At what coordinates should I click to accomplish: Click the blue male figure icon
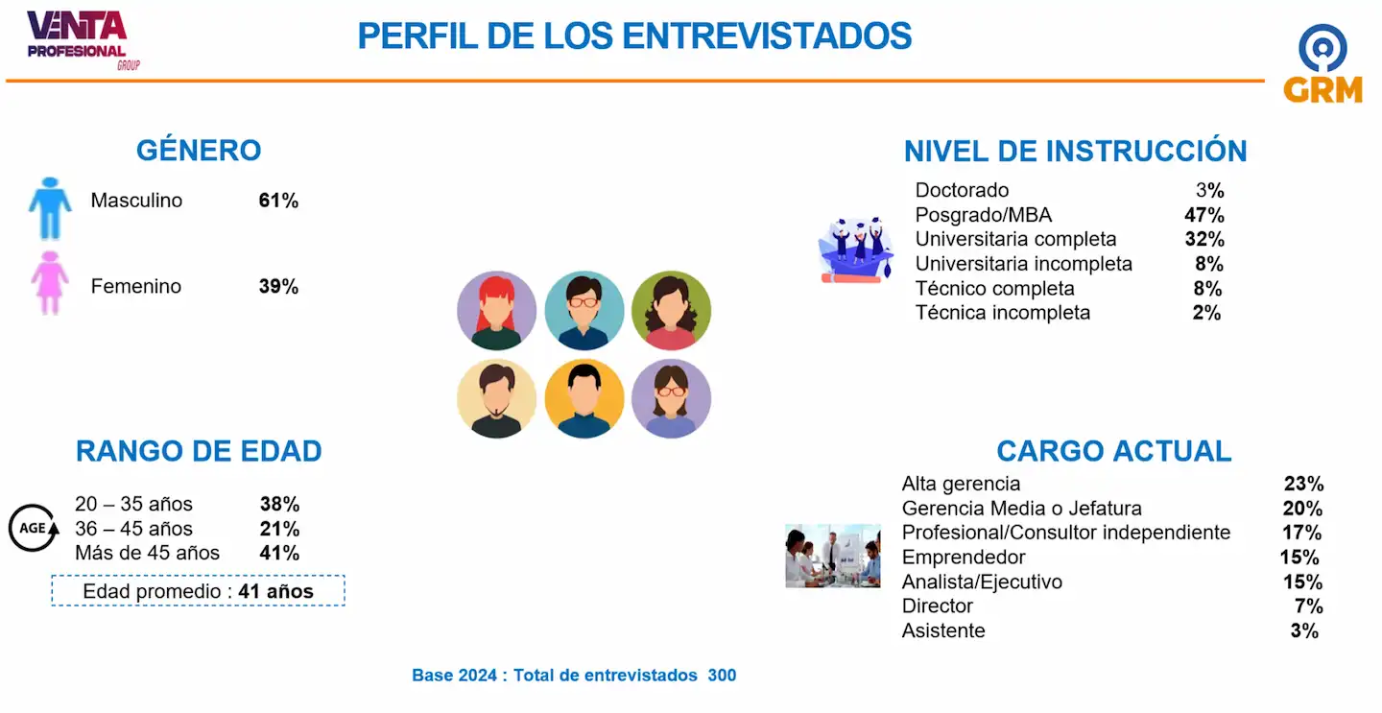(x=50, y=208)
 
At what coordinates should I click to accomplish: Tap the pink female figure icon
(x=50, y=283)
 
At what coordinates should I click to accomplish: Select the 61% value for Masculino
(x=278, y=201)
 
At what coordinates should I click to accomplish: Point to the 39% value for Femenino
(x=278, y=286)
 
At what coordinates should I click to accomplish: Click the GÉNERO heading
(x=199, y=150)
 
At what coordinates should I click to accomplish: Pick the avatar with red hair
(x=497, y=310)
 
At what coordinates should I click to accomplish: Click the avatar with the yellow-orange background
(x=584, y=398)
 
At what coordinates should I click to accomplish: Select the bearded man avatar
(x=497, y=398)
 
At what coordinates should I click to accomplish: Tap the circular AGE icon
(x=34, y=528)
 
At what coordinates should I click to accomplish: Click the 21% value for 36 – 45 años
(x=279, y=529)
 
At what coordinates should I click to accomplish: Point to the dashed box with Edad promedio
(x=198, y=591)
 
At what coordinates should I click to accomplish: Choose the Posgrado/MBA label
(x=984, y=215)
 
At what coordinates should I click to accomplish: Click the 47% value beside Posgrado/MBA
(x=1204, y=215)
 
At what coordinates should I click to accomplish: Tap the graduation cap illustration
(x=856, y=250)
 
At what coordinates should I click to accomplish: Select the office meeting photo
(x=833, y=556)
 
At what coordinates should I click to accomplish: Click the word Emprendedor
(x=964, y=557)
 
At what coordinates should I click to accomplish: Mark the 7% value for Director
(x=1309, y=606)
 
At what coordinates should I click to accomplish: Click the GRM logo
(x=1322, y=63)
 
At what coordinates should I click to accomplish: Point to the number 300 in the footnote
(x=722, y=676)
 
